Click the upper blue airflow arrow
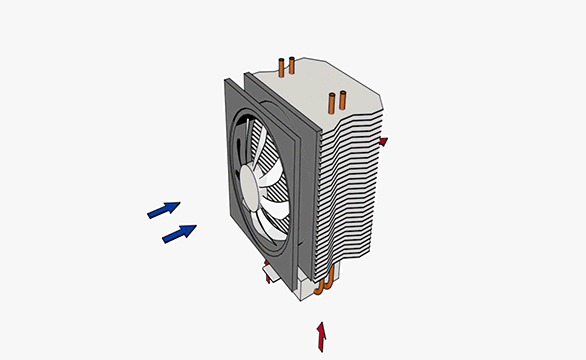point(164,209)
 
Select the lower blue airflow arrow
point(179,233)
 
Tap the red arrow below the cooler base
point(321,336)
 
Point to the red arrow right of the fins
point(382,142)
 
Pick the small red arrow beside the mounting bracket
point(268,277)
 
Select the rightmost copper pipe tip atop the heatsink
point(342,100)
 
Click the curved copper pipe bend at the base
point(322,290)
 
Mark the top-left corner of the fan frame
point(224,83)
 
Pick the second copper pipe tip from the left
point(291,66)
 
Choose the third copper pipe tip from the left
point(332,100)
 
